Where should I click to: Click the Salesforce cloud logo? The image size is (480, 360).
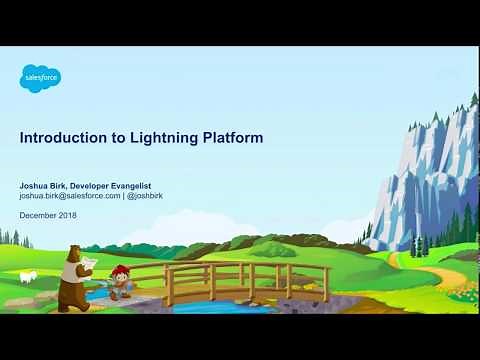[x=41, y=77]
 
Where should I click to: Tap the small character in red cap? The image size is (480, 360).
[x=121, y=281]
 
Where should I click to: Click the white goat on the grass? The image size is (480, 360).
[x=28, y=276]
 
